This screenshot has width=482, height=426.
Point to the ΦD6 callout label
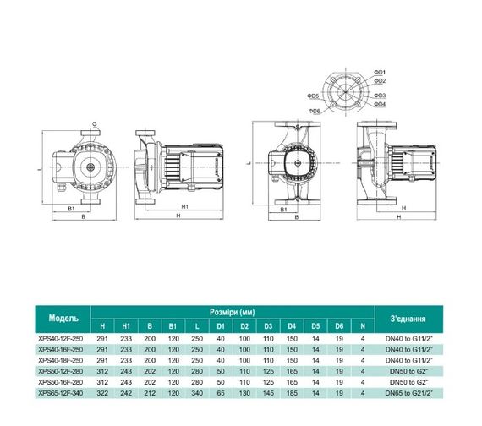click(314, 112)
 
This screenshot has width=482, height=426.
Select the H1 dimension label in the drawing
click(183, 206)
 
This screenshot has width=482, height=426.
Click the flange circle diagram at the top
click(344, 90)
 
